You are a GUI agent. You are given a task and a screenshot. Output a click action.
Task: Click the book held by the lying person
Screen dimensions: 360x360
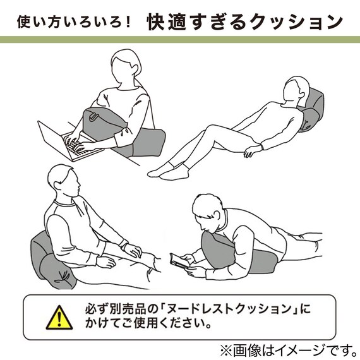(183, 261)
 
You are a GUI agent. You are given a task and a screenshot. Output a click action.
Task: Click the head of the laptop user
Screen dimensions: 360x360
(129, 66)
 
